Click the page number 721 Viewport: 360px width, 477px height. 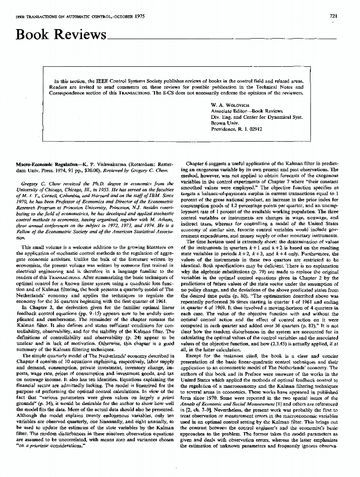(333, 16)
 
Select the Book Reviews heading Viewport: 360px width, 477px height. (61, 35)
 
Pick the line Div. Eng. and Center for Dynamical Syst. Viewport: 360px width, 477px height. (257, 116)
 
